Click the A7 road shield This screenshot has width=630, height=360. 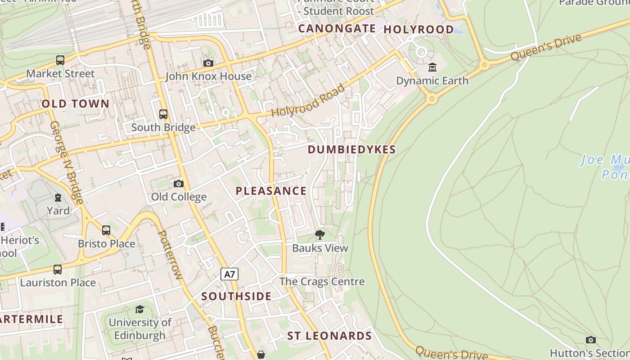click(x=229, y=274)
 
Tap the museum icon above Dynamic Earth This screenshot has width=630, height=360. click(x=432, y=67)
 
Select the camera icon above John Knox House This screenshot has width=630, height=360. click(x=208, y=63)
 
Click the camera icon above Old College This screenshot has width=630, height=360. click(x=179, y=184)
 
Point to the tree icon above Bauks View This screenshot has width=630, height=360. click(x=320, y=234)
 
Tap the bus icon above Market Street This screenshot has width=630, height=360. click(x=60, y=60)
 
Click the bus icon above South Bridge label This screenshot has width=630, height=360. click(x=163, y=114)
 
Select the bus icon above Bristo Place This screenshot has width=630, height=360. click(x=106, y=230)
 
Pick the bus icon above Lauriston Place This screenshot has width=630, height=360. click(x=58, y=270)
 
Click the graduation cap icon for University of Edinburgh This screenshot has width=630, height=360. click(x=139, y=309)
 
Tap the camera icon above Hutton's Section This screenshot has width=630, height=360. click(x=591, y=340)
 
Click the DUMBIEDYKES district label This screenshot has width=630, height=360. click(x=351, y=150)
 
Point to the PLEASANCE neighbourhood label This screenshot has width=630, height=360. click(x=271, y=191)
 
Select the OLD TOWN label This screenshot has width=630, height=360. click(x=76, y=104)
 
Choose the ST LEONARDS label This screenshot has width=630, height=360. click(x=329, y=336)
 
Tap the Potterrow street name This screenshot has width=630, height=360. click(x=170, y=255)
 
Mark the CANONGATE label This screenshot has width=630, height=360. click(x=337, y=29)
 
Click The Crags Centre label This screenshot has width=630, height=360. click(x=322, y=282)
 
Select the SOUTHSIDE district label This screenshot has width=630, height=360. click(x=236, y=296)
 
